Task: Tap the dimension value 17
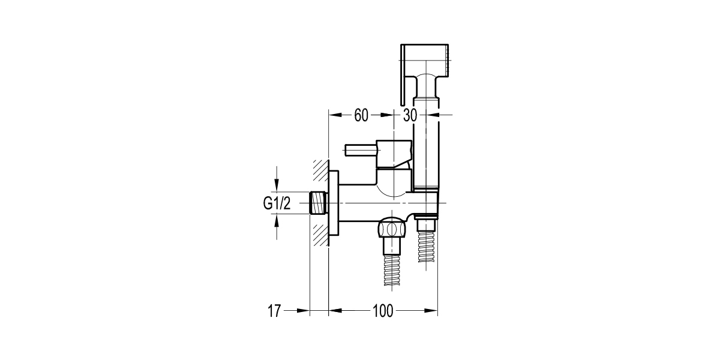pos(274,311)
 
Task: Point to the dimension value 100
pos(382,311)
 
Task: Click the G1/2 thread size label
pos(277,204)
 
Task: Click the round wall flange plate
pos(333,203)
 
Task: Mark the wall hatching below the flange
pos(320,234)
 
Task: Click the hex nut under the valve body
pos(391,229)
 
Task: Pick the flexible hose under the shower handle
pos(427,246)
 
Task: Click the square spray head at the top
pos(426,60)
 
